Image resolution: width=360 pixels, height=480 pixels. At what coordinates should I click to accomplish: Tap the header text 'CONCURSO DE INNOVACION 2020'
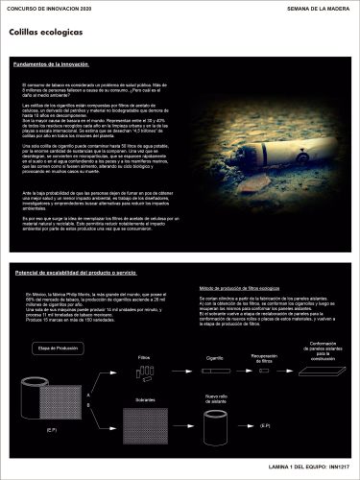[x=51, y=8]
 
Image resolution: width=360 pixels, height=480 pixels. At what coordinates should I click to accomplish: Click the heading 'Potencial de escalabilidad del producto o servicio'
[x=88, y=273]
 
